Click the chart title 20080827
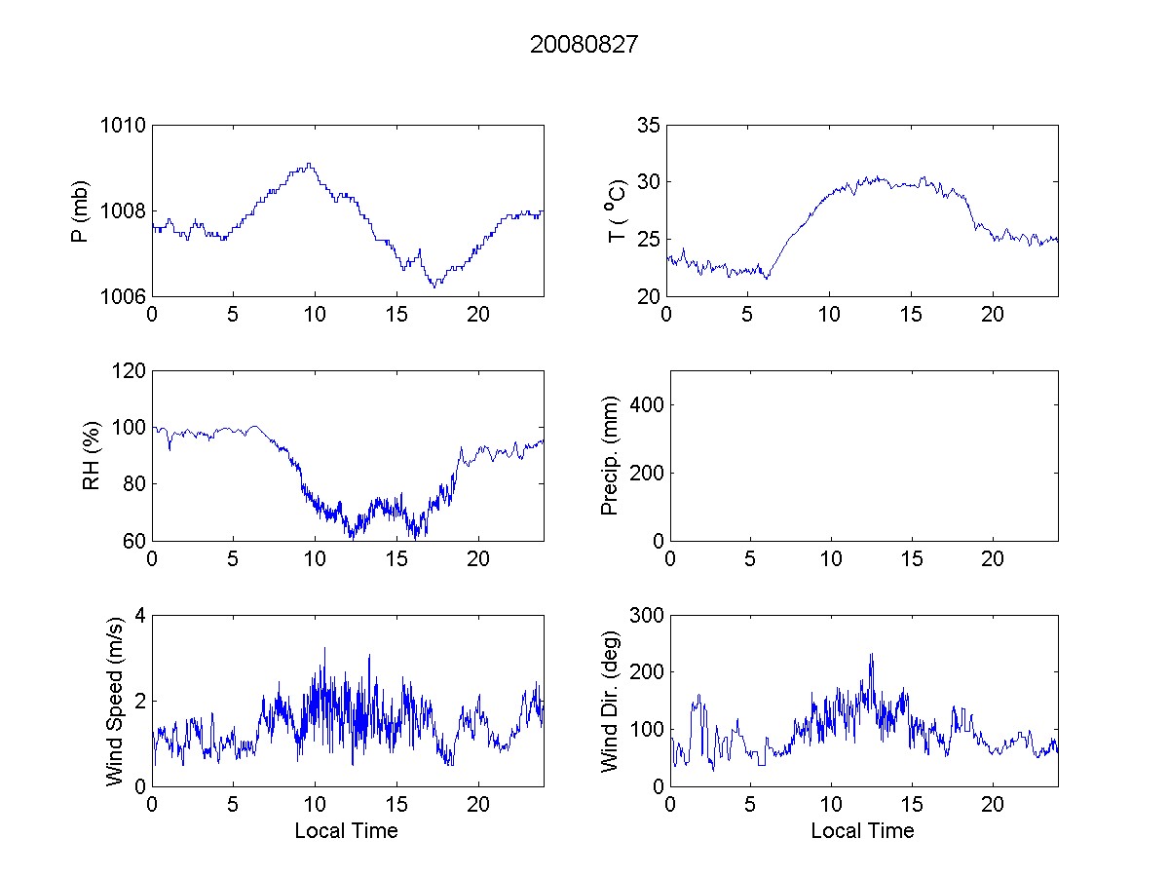point(584,45)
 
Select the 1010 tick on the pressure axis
point(122,126)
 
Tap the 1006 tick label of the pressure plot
point(122,296)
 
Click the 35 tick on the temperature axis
point(648,126)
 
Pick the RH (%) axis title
point(92,456)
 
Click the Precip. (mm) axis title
point(610,456)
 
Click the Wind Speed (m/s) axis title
point(114,701)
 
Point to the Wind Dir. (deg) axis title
point(610,701)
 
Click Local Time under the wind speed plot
point(346,830)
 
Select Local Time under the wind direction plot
point(862,830)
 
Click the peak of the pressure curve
point(308,164)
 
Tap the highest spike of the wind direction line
point(871,654)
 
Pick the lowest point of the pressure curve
point(434,286)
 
